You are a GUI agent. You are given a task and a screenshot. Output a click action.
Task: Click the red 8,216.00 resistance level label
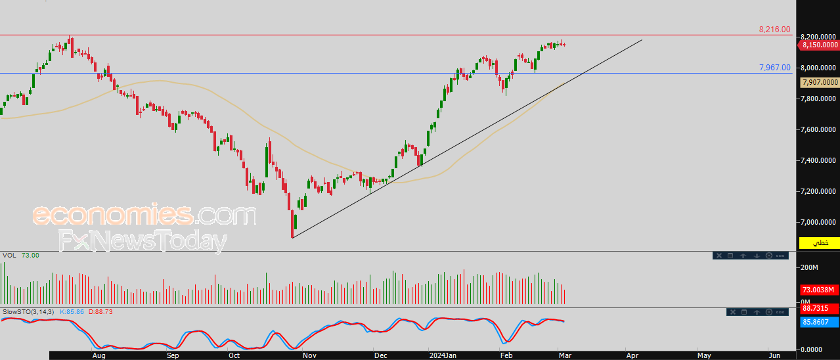(774, 30)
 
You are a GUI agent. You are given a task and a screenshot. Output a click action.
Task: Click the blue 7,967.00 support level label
(774, 68)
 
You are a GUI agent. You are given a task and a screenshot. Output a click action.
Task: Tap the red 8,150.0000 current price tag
(818, 45)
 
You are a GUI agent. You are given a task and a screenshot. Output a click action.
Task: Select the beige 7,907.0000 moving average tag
(820, 82)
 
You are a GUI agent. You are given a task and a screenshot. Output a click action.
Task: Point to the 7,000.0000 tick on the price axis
(818, 222)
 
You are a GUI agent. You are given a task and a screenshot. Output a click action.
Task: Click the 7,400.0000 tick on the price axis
(818, 160)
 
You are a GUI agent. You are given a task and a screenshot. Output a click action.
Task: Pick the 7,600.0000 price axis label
(818, 129)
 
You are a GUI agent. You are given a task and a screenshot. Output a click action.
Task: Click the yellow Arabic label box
(820, 243)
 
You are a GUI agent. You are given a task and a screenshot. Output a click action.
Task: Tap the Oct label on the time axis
(234, 355)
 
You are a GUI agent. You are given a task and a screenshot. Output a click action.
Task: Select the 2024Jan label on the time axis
(443, 355)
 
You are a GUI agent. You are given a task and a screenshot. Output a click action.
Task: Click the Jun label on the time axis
(774, 355)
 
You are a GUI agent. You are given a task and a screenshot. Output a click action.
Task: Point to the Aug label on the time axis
(99, 355)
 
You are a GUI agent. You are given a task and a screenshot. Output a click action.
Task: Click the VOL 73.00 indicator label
(20, 256)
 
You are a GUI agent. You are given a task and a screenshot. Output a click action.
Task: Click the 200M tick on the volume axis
(809, 267)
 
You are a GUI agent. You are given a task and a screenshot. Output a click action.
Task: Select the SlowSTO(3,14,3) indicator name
(28, 312)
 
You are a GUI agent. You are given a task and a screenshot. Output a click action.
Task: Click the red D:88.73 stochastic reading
(100, 312)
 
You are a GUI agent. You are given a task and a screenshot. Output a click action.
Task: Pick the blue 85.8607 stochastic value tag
(820, 322)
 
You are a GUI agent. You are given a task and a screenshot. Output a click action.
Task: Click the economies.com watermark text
(144, 215)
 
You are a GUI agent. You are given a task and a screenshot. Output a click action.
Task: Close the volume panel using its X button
(719, 256)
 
